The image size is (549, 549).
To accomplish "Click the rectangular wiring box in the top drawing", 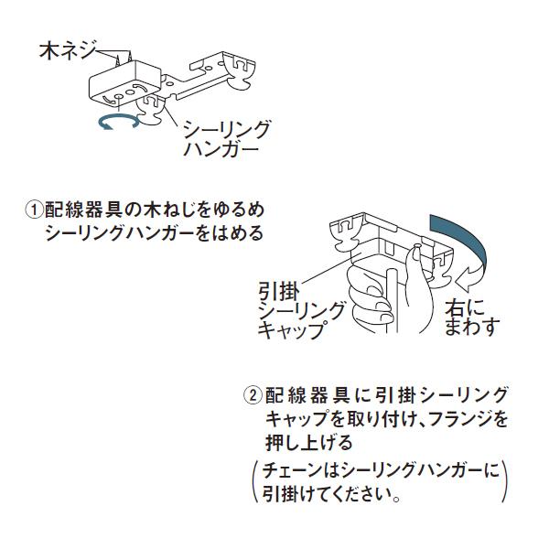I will point(124,82).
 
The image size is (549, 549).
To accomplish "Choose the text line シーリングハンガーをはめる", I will point(154,233).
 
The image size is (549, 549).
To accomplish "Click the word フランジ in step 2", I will point(463,420).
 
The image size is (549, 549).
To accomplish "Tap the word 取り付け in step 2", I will point(366,420).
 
